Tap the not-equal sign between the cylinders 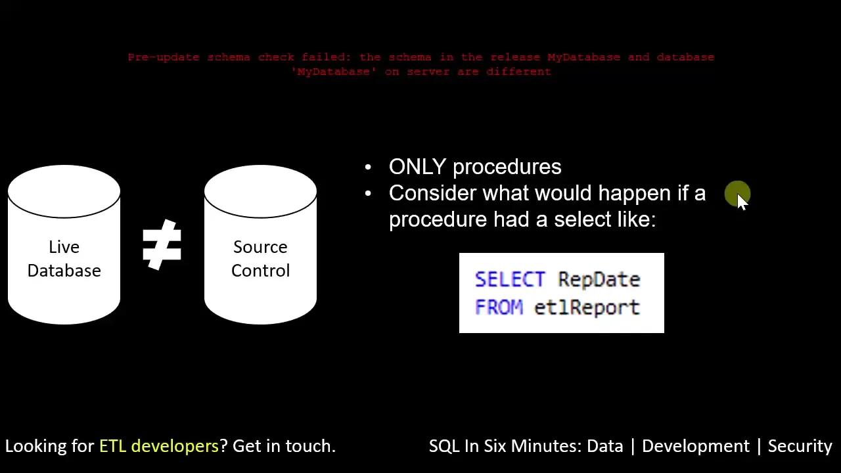[162, 244]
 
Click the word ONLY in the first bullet [417, 167]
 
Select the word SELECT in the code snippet [510, 279]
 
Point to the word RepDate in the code [599, 279]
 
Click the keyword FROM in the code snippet [499, 307]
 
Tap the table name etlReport [587, 307]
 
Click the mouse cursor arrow [742, 201]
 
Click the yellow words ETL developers [158, 446]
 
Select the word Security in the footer [800, 446]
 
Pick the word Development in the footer [695, 446]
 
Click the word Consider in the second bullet [433, 193]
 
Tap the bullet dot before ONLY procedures [368, 168]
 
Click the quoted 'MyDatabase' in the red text [334, 72]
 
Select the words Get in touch [284, 446]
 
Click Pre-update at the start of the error [164, 57]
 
